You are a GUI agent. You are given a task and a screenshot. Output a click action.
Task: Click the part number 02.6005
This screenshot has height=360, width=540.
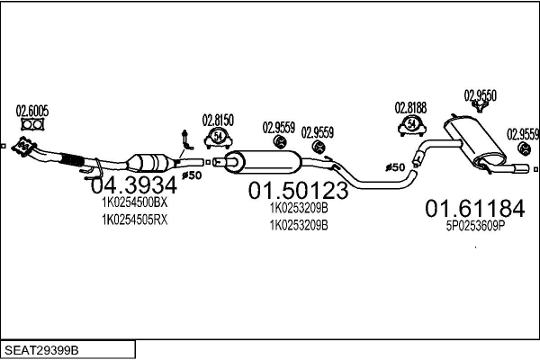[x=32, y=112]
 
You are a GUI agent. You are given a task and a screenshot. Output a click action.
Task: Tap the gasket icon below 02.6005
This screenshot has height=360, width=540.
[x=32, y=127]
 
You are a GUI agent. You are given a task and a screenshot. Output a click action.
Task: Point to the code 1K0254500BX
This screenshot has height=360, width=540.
[x=134, y=203]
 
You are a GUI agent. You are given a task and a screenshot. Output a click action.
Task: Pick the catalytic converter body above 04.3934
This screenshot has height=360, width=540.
[x=150, y=162]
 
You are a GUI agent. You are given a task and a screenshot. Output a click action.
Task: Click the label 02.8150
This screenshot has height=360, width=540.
[x=218, y=119]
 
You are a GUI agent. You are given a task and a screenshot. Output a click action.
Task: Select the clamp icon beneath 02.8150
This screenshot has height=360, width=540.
[x=218, y=137]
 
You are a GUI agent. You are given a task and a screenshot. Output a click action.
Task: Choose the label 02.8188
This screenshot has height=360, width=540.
[x=410, y=106]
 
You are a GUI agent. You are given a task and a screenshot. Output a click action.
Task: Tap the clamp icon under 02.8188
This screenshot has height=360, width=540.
[x=411, y=123]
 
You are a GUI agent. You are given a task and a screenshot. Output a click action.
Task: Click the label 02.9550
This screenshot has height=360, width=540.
[x=481, y=94]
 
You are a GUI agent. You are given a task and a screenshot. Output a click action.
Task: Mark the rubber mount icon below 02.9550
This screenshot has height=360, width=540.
[x=481, y=107]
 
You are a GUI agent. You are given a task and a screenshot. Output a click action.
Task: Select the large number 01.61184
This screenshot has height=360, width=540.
[x=473, y=210]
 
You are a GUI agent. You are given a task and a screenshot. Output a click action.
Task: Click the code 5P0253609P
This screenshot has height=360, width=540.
[x=474, y=229]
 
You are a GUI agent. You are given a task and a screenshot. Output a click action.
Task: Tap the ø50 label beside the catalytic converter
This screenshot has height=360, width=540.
[x=191, y=175]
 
